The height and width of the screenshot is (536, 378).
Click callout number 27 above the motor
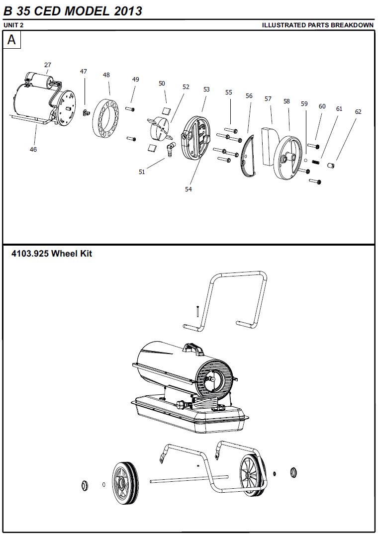point(48,65)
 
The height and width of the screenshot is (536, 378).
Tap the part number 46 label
point(33,149)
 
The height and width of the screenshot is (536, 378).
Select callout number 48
point(106,75)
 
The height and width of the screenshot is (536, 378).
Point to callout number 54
point(189,189)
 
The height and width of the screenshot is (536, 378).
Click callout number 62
point(358,112)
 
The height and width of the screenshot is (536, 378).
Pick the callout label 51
point(142,172)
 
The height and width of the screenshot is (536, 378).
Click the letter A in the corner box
point(11,40)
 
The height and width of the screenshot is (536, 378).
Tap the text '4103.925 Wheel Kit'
point(52,254)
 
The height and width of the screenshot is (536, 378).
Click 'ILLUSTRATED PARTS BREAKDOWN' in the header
point(317,25)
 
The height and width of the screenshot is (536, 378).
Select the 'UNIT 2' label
point(13,25)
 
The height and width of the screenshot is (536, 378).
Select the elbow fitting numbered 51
point(170,148)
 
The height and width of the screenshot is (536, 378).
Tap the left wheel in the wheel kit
point(124,483)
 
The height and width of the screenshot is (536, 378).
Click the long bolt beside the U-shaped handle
point(197,311)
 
